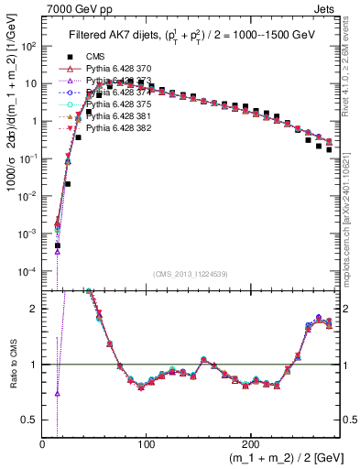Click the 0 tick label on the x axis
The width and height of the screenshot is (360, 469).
click(42, 444)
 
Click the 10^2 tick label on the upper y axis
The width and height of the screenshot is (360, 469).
click(28, 46)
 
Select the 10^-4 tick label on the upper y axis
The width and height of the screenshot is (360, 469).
click(28, 272)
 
